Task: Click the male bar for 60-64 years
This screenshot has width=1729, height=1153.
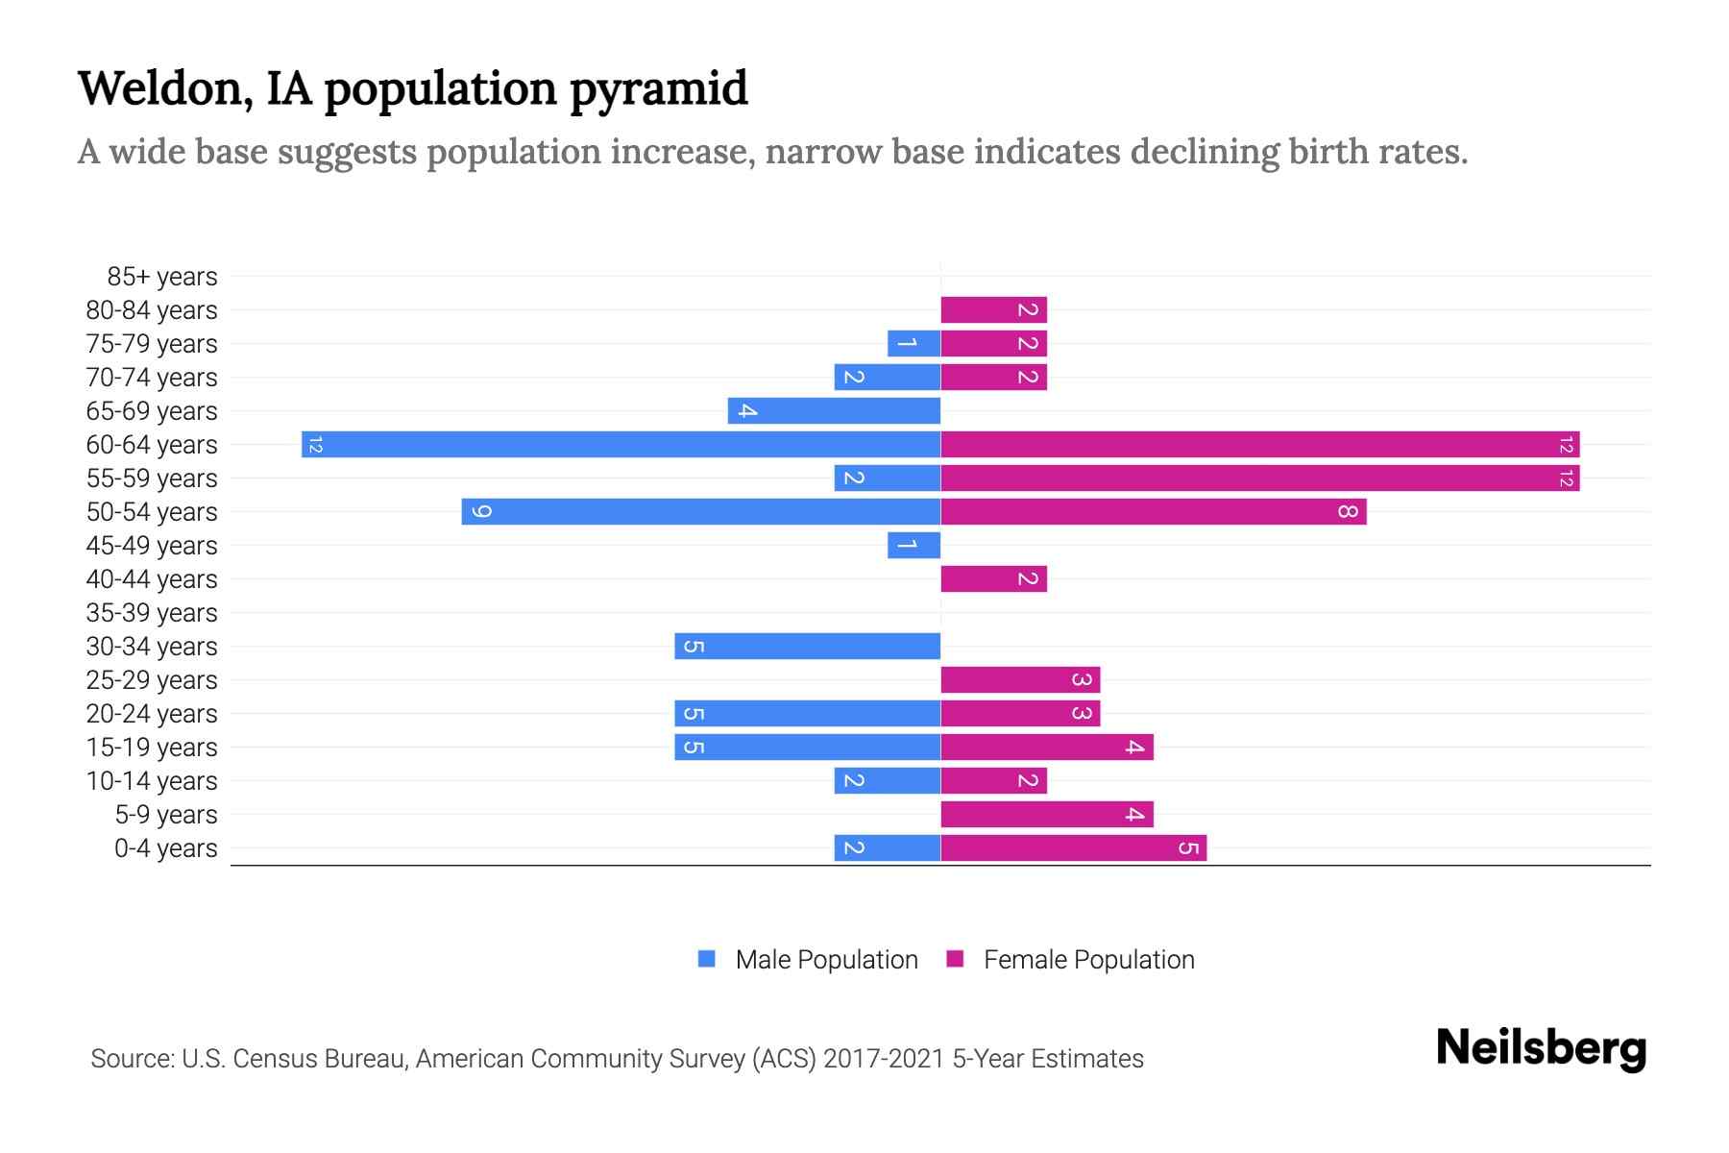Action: pos(621,444)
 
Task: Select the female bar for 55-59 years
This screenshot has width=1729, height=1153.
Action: pos(1259,478)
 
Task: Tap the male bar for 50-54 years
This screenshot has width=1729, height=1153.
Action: pos(700,511)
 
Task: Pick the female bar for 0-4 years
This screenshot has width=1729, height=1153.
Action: pos(1073,847)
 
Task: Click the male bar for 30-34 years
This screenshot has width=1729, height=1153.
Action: pos(807,646)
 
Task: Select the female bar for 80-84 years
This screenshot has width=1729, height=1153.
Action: pos(993,309)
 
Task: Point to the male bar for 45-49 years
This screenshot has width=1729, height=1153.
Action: pos(913,545)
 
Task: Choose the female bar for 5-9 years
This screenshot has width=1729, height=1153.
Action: pos(1046,814)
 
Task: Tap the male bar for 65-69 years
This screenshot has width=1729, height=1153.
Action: pos(834,410)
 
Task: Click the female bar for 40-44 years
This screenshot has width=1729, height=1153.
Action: pos(993,578)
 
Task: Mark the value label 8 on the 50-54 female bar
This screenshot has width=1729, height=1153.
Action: pos(1348,511)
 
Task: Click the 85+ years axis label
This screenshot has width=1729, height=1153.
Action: pos(162,277)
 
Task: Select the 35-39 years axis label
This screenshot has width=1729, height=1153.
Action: pos(152,613)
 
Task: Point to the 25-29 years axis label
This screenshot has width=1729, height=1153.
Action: pos(152,680)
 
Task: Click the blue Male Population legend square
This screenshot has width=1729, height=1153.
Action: pos(707,959)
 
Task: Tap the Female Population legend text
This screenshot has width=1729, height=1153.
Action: pos(1088,959)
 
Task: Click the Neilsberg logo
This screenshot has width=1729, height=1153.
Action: pos(1541,1048)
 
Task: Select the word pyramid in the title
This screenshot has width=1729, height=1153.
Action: pos(658,89)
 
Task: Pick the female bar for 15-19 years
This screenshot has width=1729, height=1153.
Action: pos(1046,747)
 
